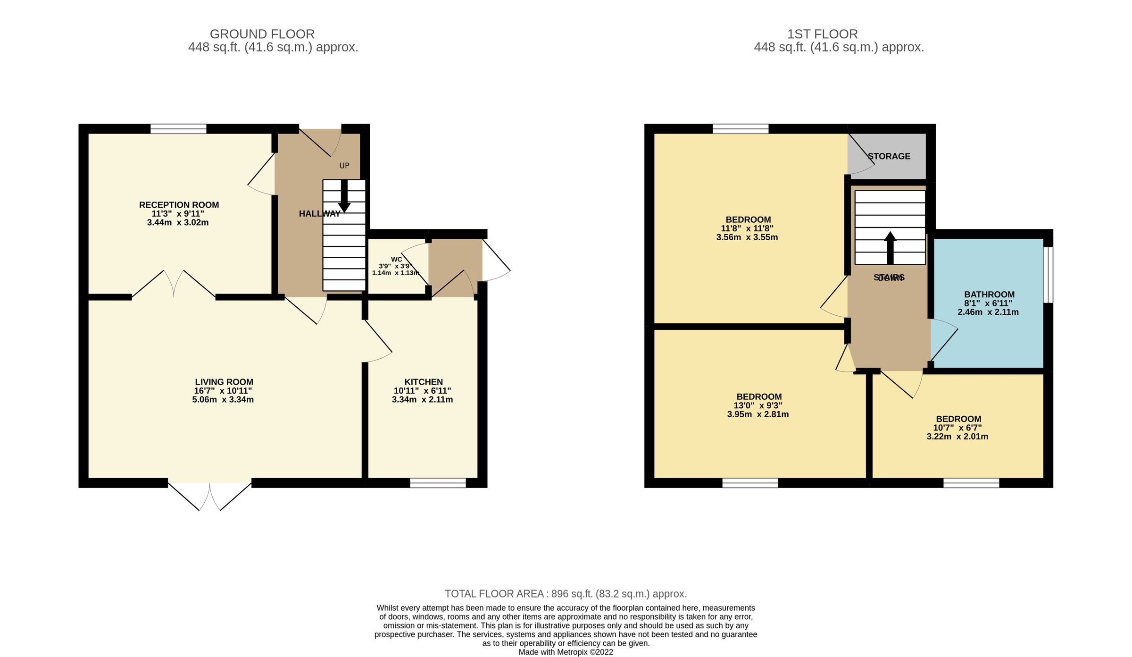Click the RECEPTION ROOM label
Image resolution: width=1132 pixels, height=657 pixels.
179,205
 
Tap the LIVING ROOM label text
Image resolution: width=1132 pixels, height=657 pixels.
224,382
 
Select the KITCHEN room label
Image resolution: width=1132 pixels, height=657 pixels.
423,382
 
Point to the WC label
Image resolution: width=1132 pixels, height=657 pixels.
396,260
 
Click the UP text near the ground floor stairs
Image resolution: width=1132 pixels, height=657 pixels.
344,166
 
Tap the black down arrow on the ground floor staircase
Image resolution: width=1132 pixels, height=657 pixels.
344,196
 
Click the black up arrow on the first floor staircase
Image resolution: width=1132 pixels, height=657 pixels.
890,247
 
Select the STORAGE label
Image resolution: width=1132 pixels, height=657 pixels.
889,156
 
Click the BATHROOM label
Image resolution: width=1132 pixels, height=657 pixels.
989,295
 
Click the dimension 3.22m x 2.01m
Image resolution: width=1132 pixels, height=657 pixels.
957,437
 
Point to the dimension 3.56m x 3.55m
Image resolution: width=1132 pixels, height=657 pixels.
747,237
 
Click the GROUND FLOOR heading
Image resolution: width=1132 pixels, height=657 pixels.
262,34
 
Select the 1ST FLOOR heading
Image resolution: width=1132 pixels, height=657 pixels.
822,34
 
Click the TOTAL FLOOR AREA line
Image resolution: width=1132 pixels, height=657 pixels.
566,594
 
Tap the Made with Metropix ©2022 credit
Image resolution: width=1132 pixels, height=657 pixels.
566,652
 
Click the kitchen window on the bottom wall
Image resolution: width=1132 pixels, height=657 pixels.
438,483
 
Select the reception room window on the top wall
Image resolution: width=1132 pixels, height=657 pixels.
178,128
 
